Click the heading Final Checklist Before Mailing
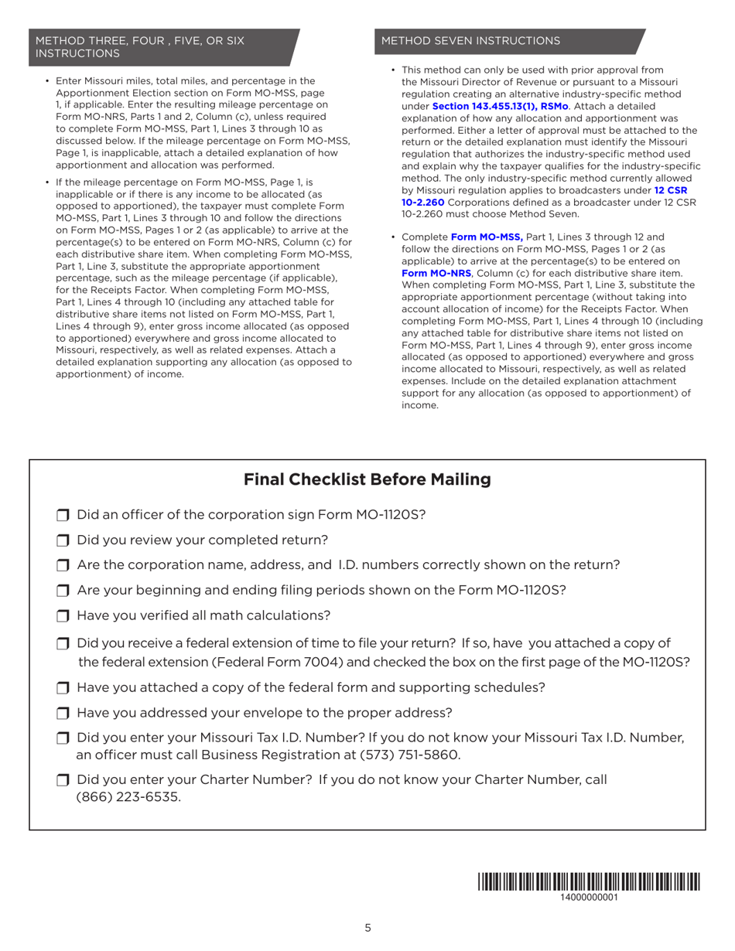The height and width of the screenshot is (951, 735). point(367,480)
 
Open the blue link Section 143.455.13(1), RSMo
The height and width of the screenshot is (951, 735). point(500,105)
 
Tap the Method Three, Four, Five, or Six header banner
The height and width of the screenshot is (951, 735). point(162,47)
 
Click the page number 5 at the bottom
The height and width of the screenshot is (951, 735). point(367,929)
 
